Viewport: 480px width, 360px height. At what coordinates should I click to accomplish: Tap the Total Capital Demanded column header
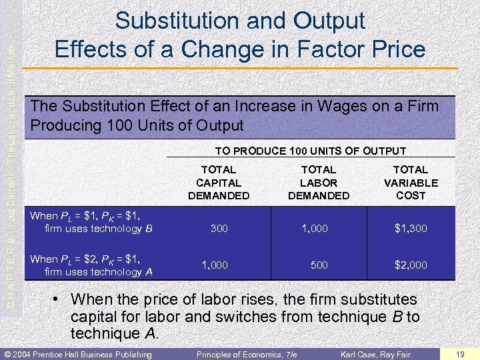pos(219,183)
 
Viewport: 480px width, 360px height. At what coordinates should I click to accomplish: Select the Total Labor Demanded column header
pos(319,183)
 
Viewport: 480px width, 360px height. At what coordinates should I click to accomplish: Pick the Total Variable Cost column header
pos(411,183)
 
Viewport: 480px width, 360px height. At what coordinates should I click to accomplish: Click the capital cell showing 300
pos(219,229)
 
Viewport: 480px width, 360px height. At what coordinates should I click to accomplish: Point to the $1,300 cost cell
pos(411,229)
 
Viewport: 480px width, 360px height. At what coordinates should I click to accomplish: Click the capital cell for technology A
pos(215,265)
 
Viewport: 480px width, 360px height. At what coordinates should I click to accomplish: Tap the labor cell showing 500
pos(319,265)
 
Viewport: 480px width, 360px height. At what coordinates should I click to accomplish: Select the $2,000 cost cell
pos(411,265)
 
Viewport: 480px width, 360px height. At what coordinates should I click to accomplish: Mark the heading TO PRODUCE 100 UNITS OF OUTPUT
pos(310,151)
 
